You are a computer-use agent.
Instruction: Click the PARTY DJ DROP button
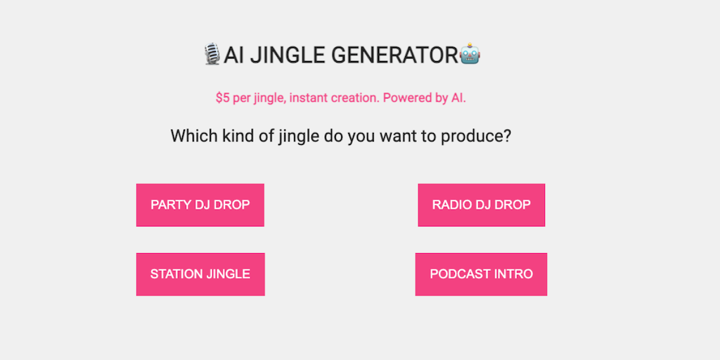pos(200,205)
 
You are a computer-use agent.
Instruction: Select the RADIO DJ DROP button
pos(481,205)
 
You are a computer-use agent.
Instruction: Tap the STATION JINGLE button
pos(200,274)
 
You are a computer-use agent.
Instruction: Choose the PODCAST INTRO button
pos(481,274)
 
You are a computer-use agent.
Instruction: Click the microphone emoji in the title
pos(212,54)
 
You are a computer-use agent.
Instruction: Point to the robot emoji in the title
pos(470,54)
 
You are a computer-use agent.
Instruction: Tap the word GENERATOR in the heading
pos(395,55)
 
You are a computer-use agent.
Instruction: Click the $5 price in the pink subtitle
pos(223,98)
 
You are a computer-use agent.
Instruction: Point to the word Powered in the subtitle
pos(401,98)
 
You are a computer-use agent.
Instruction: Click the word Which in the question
pos(188,136)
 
